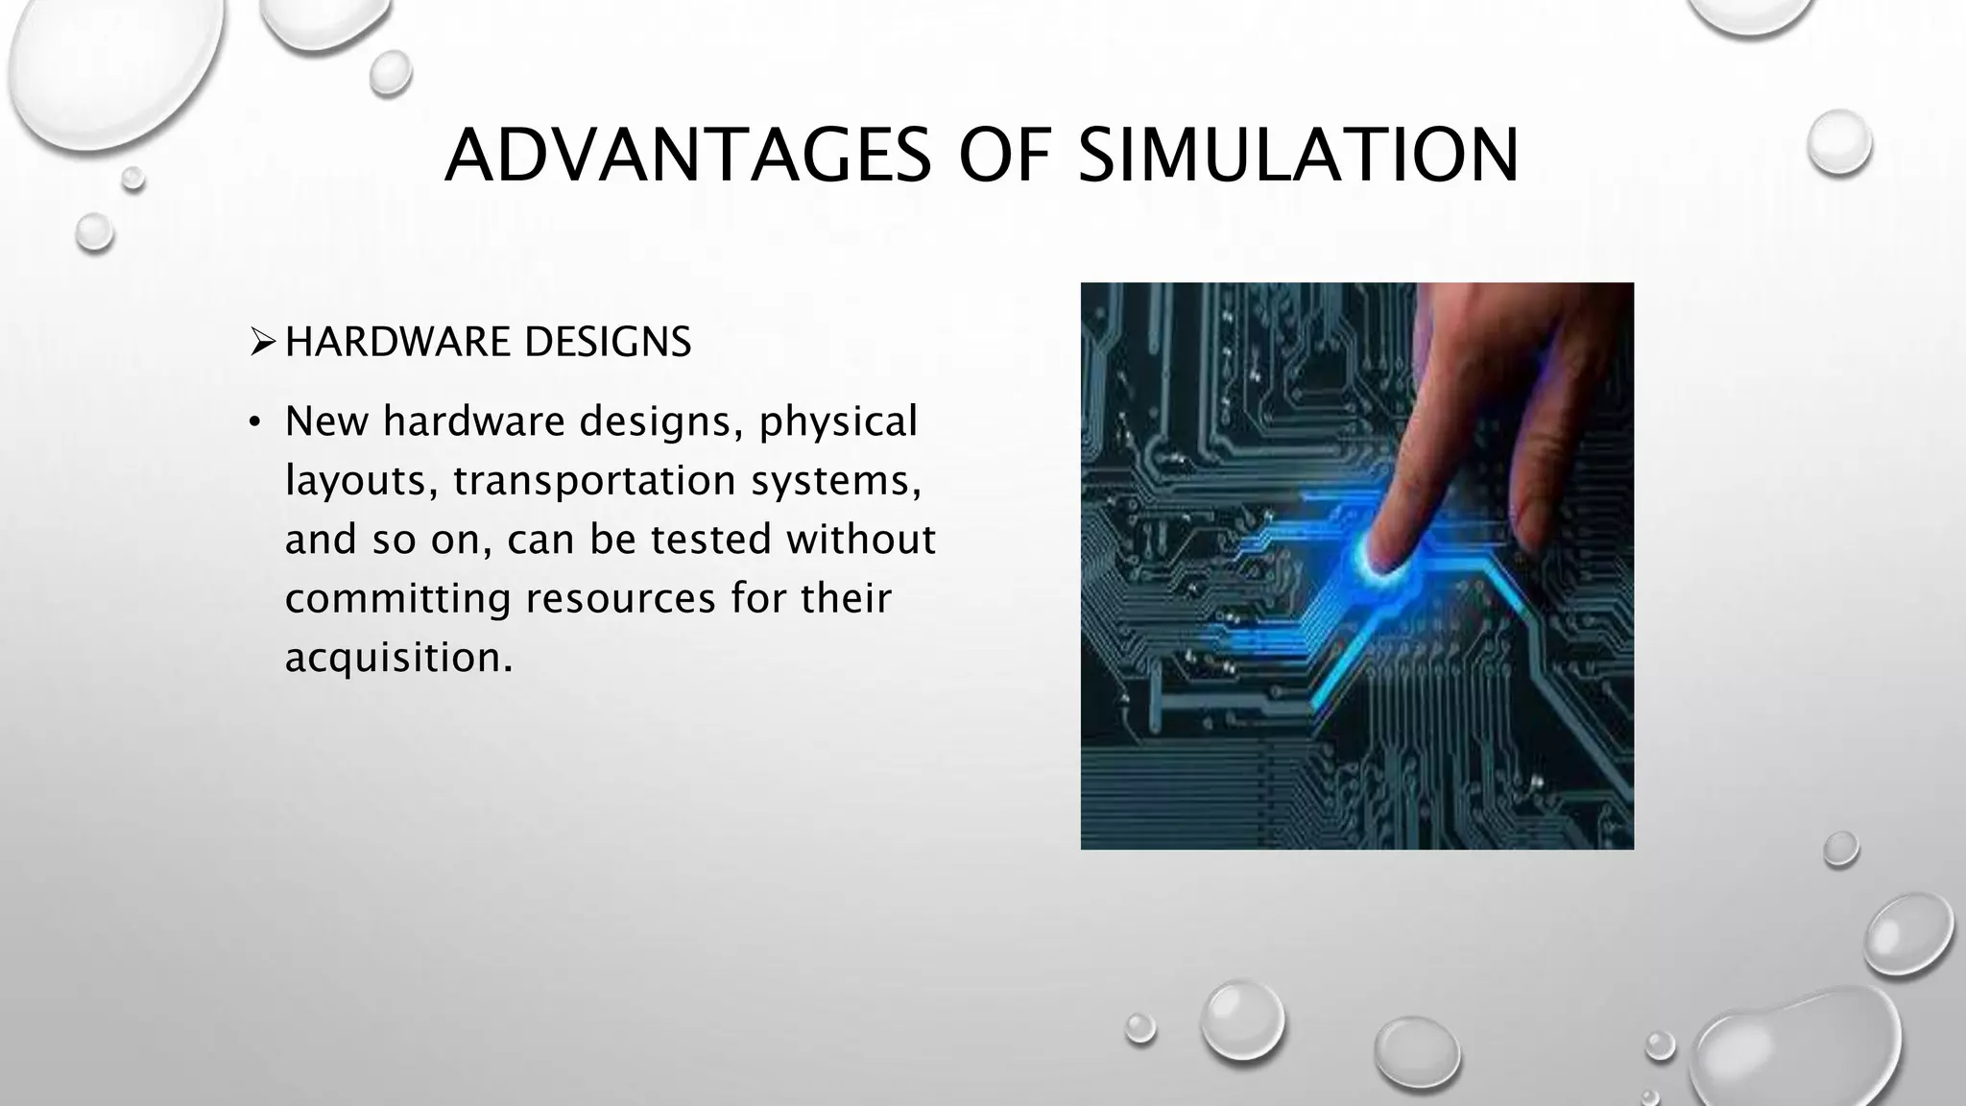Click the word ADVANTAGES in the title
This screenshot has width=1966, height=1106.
687,155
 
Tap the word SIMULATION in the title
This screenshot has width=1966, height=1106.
1299,155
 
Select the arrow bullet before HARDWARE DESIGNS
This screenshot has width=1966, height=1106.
262,342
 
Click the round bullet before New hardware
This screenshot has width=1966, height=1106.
254,423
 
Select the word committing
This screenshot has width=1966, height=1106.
397,599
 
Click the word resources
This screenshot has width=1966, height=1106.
621,599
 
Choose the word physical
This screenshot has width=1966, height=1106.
838,421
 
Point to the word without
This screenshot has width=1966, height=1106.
860,540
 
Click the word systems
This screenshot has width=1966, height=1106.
836,480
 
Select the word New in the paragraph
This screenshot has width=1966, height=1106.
326,421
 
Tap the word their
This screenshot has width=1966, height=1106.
846,599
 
